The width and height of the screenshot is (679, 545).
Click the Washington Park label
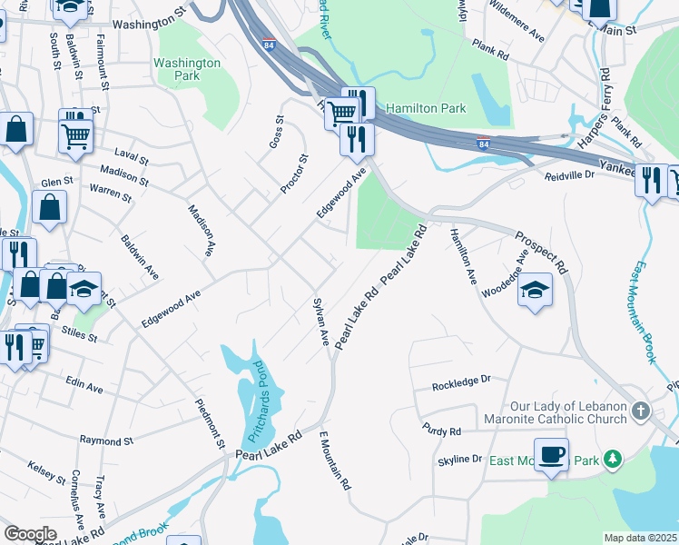(x=186, y=70)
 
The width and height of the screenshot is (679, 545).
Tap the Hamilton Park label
(x=426, y=108)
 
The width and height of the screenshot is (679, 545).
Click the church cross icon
(x=641, y=411)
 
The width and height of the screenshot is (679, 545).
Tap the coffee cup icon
(x=551, y=453)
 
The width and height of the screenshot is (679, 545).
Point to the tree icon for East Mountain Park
(x=614, y=460)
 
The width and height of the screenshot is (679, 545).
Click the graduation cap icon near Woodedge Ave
(x=535, y=290)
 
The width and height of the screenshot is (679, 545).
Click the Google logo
(x=31, y=534)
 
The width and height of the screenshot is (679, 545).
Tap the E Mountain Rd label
(x=335, y=461)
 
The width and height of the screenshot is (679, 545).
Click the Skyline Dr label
(x=458, y=460)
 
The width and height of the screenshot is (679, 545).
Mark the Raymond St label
(x=106, y=441)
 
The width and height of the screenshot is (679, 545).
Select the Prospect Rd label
(x=540, y=252)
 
